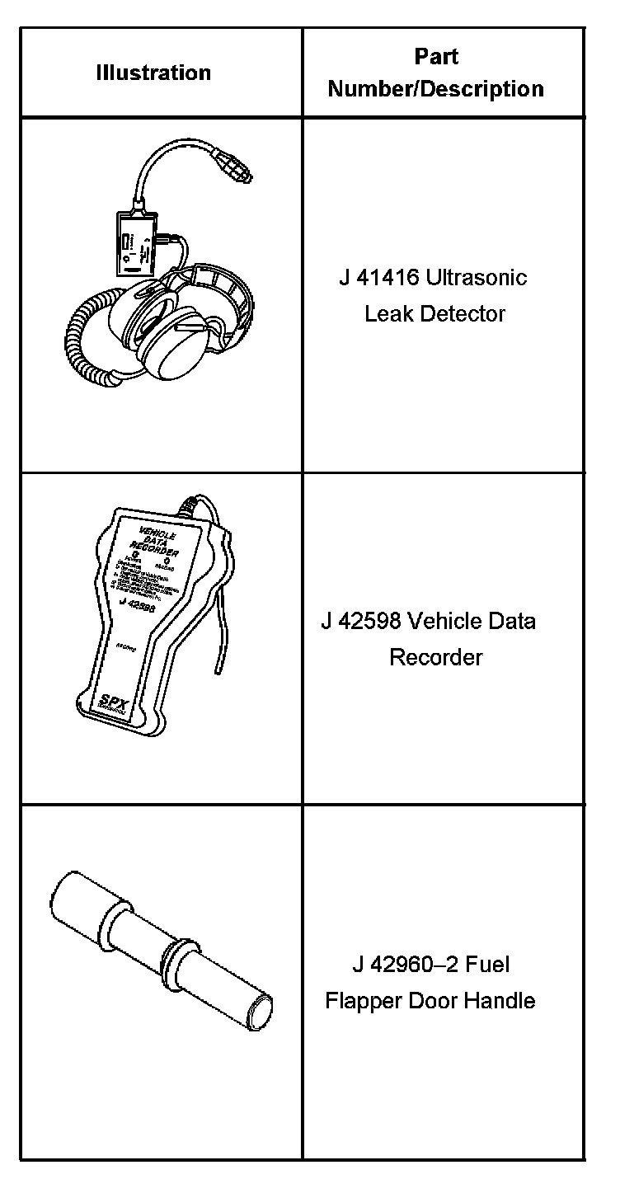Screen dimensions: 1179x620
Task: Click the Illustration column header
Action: coord(153,73)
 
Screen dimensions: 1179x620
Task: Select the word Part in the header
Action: coord(436,57)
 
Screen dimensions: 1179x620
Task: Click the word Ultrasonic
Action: coord(476,277)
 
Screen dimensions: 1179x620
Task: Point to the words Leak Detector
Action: coord(434,314)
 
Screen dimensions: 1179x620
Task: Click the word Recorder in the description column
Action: coord(435,658)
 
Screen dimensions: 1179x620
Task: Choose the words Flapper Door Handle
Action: coord(430,1001)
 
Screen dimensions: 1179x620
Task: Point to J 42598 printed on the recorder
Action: coord(136,603)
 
